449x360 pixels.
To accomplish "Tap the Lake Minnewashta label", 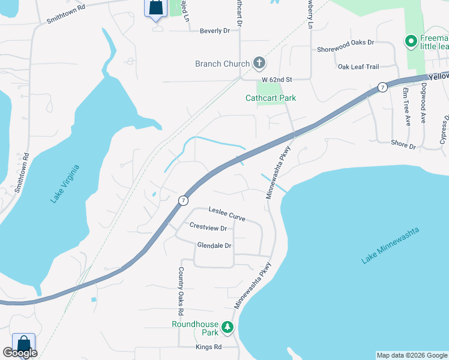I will point(390,245).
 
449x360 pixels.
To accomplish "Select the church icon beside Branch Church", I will point(259,63).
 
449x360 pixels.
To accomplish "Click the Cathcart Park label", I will point(271,98).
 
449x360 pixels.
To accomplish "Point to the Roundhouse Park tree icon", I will point(228,328).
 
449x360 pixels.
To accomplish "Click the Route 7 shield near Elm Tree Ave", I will point(382,88).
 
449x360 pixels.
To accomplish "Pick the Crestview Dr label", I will point(208,228).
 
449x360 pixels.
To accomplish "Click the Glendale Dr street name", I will point(214,245).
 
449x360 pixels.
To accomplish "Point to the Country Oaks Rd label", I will point(179,292).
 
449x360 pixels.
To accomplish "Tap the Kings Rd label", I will point(208,347).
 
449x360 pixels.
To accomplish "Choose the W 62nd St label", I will point(276,79).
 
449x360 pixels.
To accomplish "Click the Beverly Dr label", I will point(215,30).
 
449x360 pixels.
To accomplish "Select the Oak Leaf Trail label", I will point(359,67).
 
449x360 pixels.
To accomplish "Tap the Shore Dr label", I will point(403,145).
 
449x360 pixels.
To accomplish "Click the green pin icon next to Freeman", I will point(411,41).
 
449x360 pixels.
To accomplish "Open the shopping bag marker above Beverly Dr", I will point(154,8).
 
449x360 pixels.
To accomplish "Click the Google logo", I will point(20,353).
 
